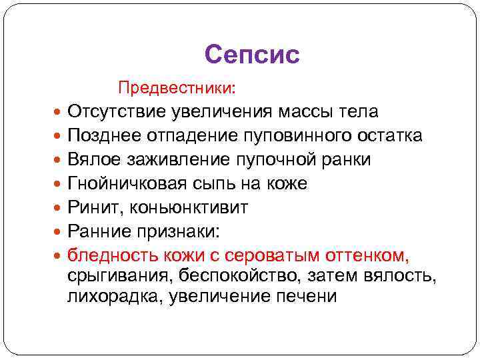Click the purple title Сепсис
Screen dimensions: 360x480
[x=252, y=55]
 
